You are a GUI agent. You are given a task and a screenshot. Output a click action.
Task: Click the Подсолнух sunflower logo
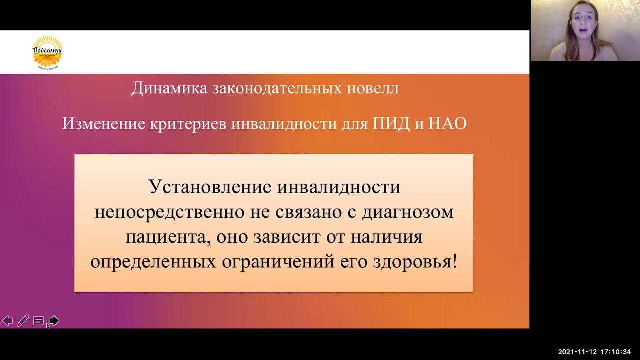click(47, 52)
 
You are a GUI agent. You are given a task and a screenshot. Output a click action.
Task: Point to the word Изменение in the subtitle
click(103, 123)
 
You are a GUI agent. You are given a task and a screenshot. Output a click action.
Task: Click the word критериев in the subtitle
click(189, 123)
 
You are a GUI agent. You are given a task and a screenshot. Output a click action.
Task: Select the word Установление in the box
click(210, 187)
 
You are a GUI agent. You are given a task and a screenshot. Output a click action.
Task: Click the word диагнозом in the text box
click(407, 212)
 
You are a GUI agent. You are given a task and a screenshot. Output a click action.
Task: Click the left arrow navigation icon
click(8, 321)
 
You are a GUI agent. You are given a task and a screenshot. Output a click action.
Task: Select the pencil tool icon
click(23, 321)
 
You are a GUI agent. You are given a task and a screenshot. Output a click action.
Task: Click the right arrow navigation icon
click(54, 321)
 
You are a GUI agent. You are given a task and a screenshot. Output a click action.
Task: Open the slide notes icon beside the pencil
click(38, 321)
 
